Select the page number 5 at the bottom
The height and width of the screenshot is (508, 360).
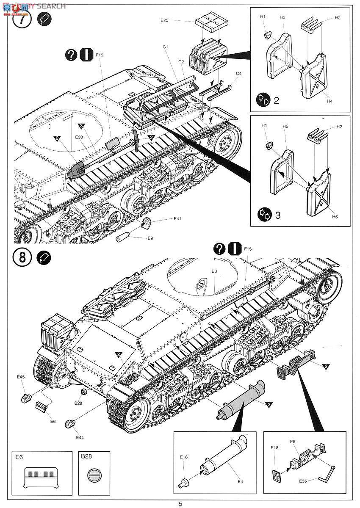coord(180,503)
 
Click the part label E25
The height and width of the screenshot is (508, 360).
coord(165,20)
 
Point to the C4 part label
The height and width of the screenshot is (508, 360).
coord(238,73)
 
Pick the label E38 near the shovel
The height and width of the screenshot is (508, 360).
coord(79,137)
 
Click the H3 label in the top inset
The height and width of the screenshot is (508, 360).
coord(282,17)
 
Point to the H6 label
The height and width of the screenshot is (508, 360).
coord(335,217)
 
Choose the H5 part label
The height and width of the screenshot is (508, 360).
coord(285,126)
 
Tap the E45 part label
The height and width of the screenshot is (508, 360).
coord(21,376)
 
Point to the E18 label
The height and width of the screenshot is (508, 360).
coord(274,447)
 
